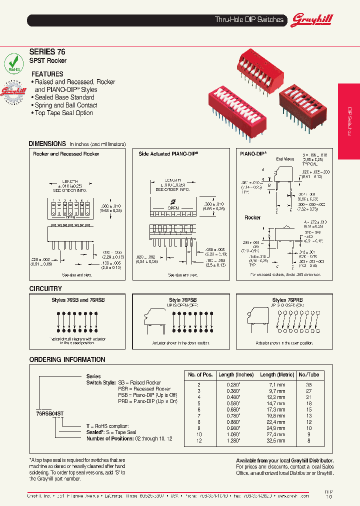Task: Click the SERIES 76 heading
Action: click(47, 51)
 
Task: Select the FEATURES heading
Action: click(47, 74)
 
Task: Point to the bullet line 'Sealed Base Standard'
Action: click(64, 97)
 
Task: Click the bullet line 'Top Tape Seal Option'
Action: click(63, 113)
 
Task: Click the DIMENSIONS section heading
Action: click(47, 143)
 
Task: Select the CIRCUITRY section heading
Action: click(45, 288)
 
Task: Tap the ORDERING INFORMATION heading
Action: click(67, 359)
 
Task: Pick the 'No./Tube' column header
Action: click(308, 374)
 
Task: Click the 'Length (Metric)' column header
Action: click(277, 374)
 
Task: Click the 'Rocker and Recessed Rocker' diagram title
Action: click(66, 154)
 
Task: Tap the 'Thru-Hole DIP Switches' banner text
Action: click(249, 20)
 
